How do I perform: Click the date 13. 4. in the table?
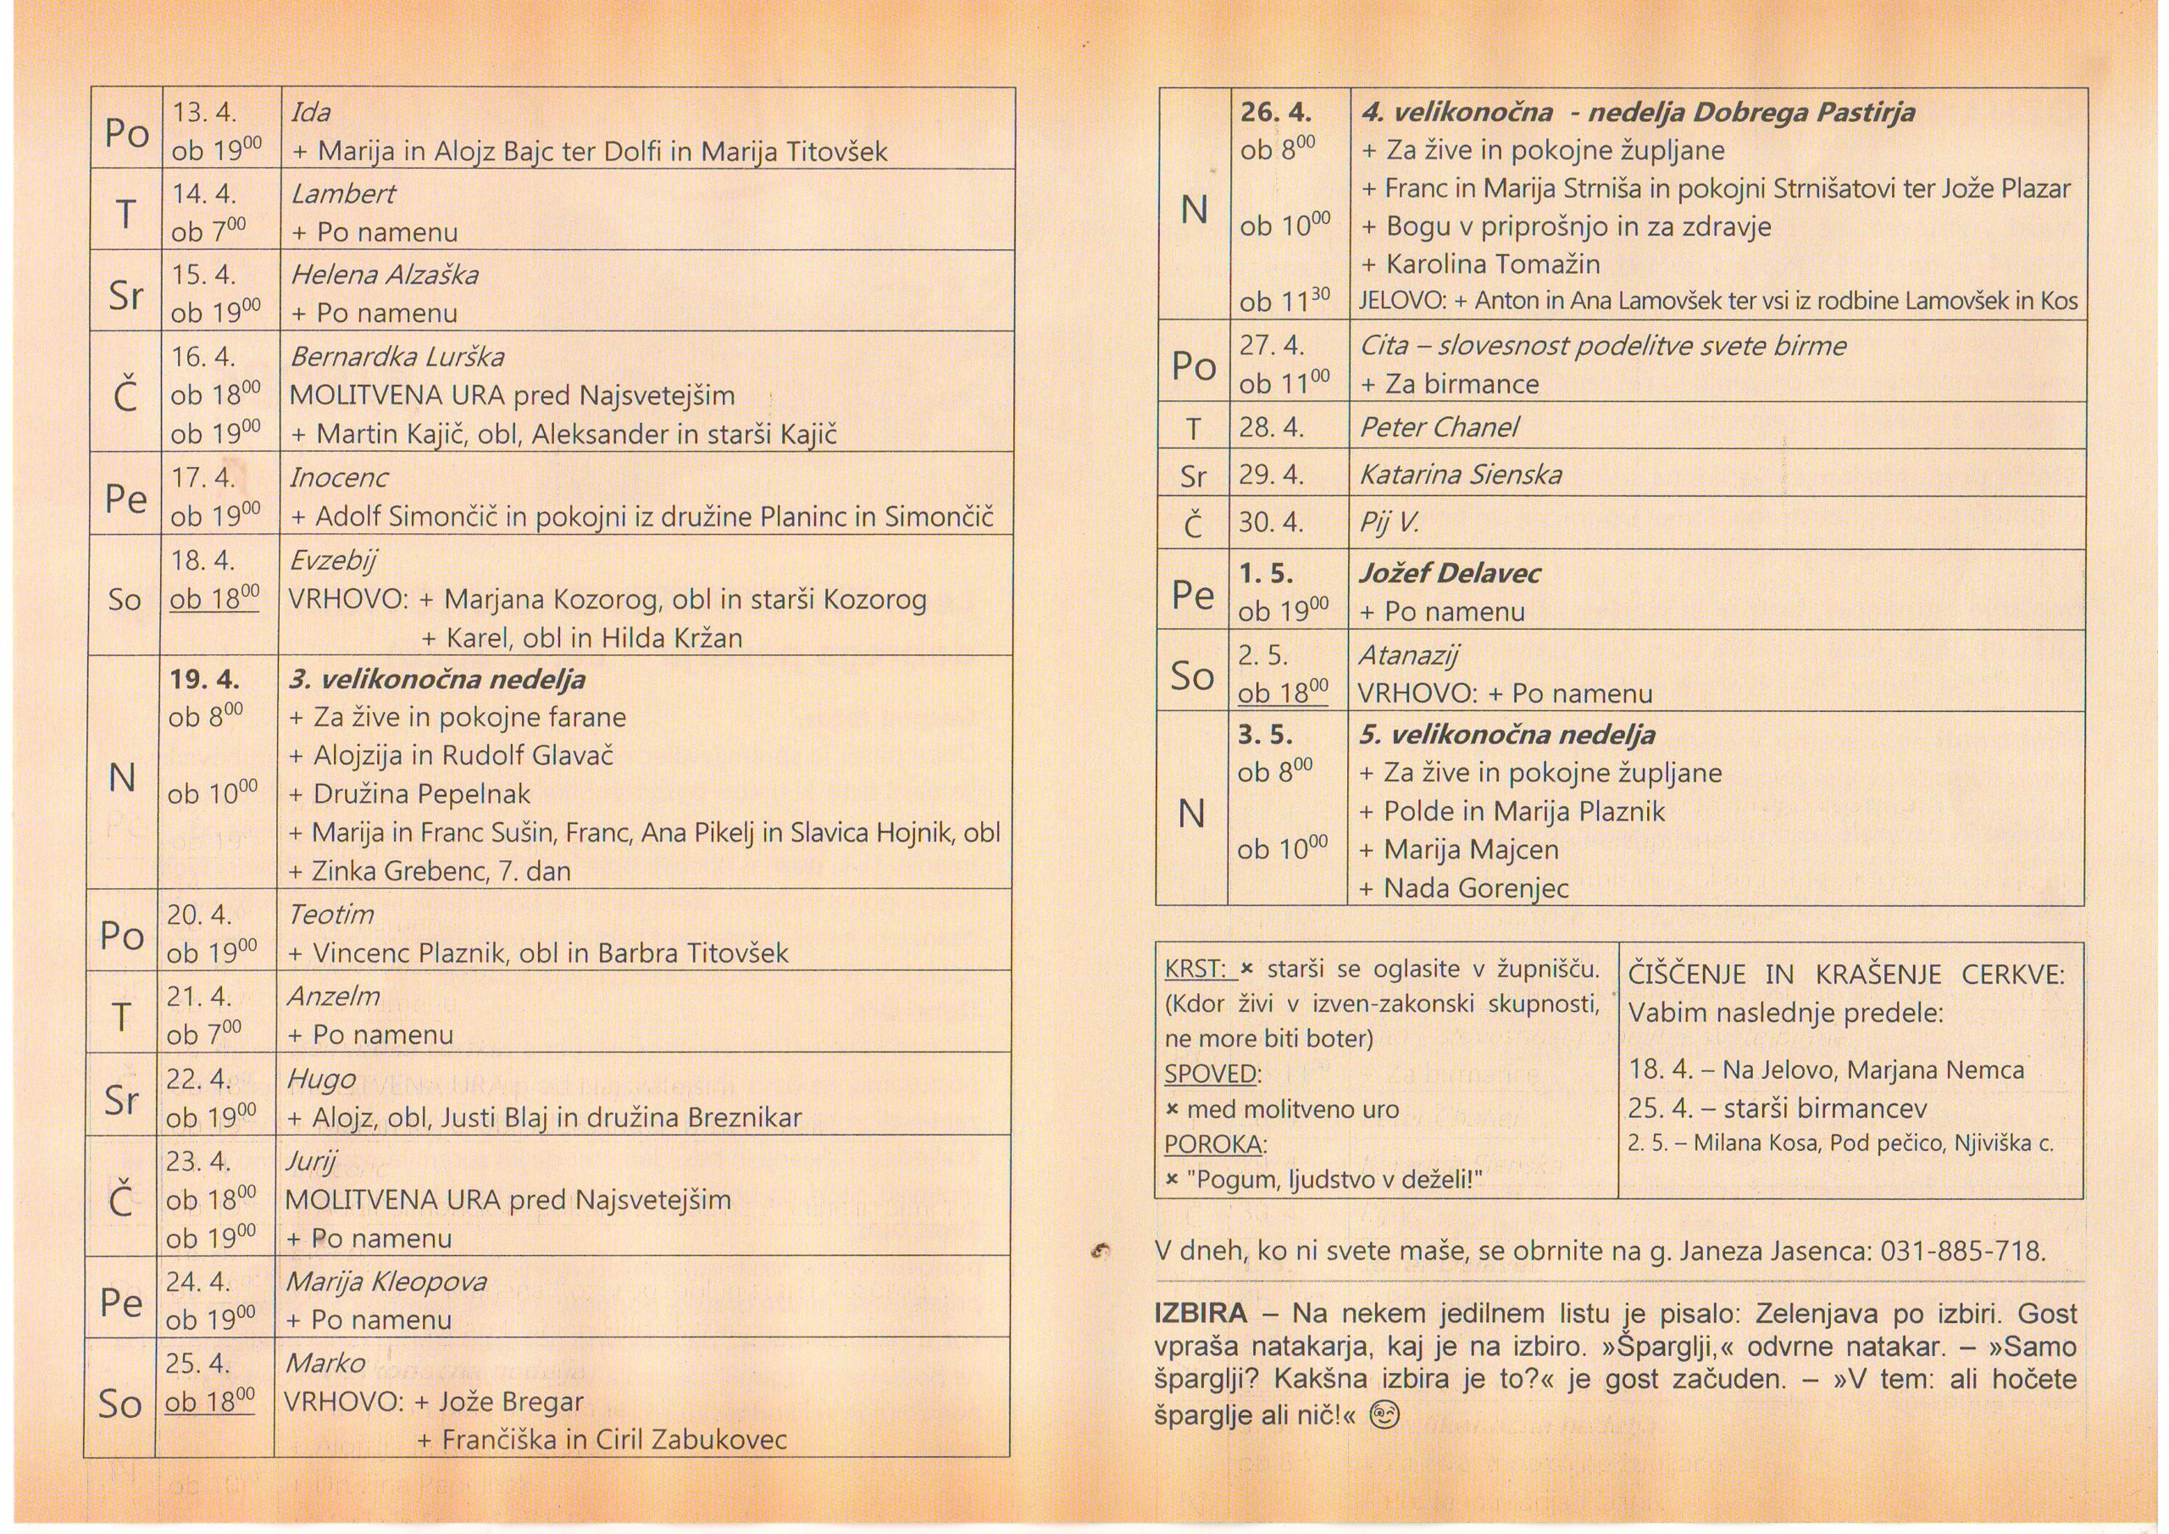click(204, 113)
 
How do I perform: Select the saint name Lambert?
click(343, 194)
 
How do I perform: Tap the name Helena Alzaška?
click(384, 275)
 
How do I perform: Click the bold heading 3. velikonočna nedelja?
click(437, 680)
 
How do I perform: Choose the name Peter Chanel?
click(1439, 427)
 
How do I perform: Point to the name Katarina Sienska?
click(1461, 475)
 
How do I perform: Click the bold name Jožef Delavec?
click(1449, 573)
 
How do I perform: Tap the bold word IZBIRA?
click(1201, 1314)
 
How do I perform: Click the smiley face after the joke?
click(1384, 1415)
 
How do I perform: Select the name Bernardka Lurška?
click(397, 358)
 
